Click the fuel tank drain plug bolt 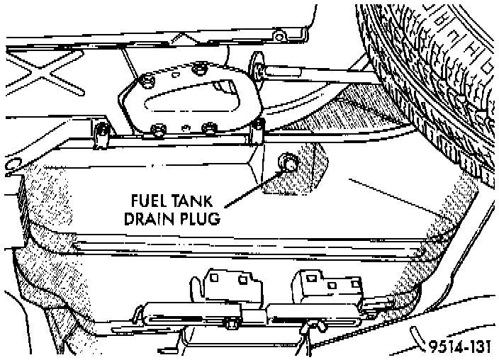[289, 164]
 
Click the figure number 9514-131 [461, 347]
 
